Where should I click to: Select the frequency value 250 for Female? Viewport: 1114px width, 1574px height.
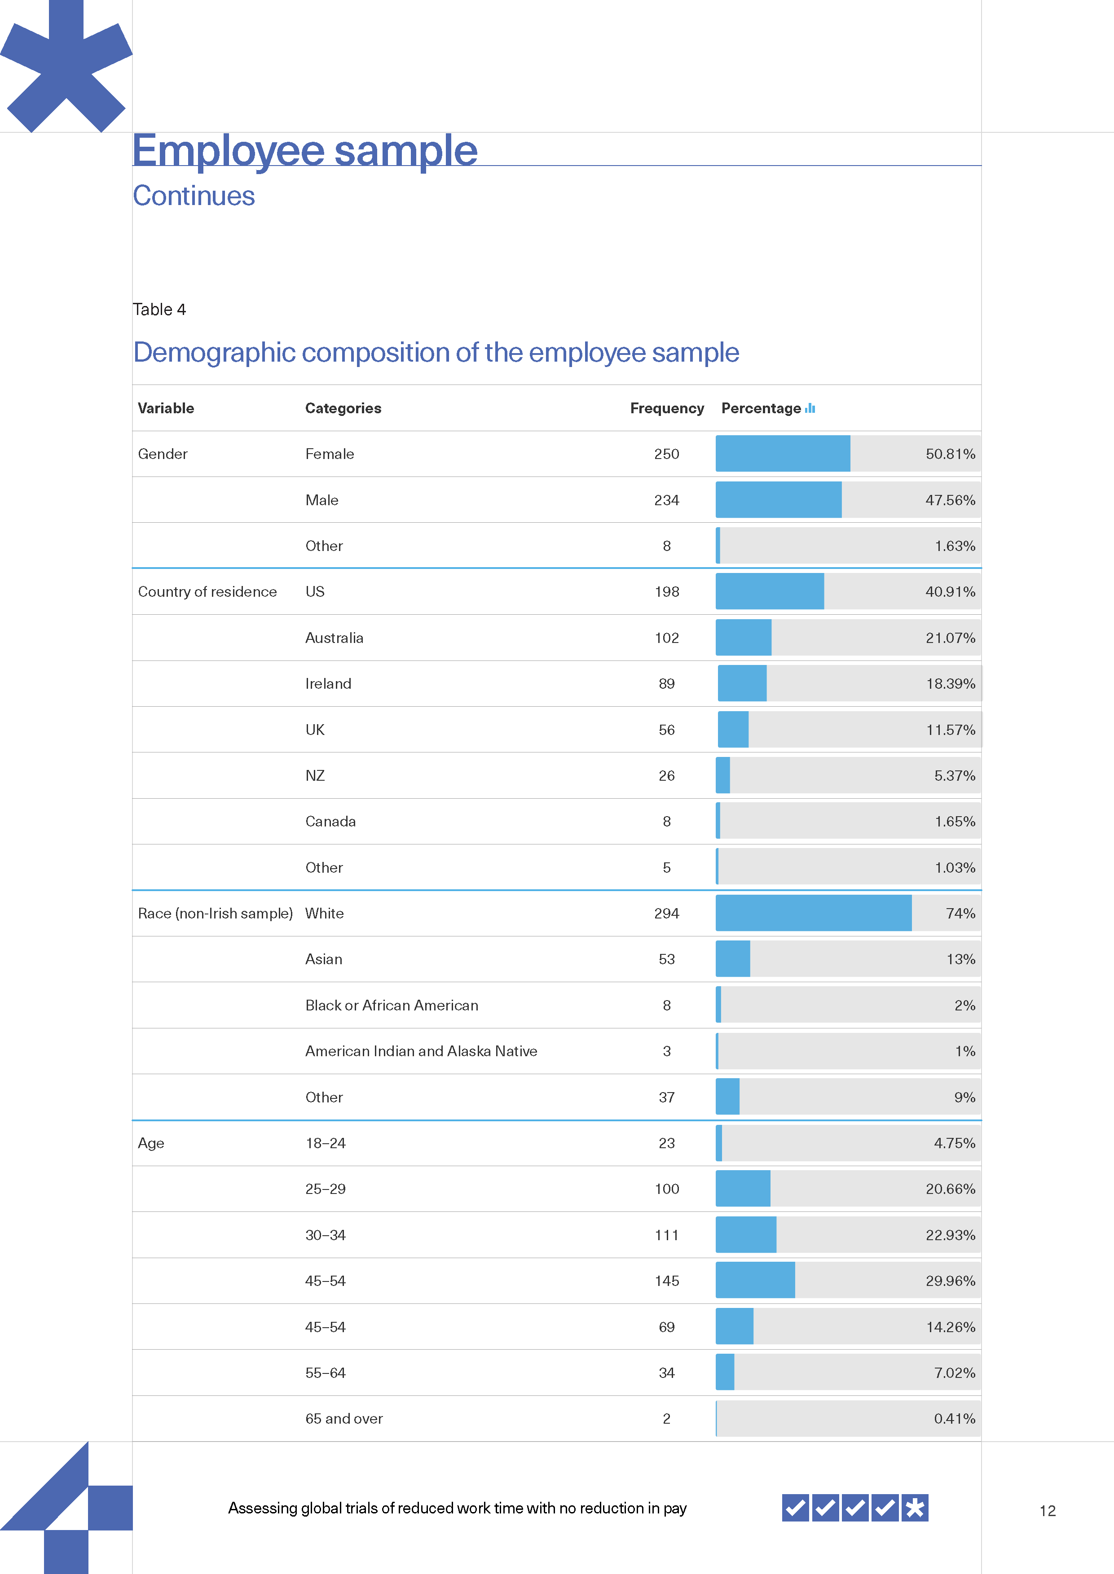(x=666, y=454)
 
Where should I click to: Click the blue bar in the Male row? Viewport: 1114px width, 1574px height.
(x=778, y=500)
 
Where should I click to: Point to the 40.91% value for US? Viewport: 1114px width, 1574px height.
(x=950, y=592)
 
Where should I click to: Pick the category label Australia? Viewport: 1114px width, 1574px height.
(x=334, y=638)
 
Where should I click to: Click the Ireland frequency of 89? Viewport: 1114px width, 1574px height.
(x=666, y=683)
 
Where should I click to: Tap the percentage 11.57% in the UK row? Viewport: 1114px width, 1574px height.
(x=950, y=730)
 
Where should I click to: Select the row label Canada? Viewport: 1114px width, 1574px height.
(x=330, y=821)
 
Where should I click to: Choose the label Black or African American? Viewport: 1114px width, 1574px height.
(x=392, y=1005)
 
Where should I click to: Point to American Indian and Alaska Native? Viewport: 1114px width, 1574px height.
(x=421, y=1051)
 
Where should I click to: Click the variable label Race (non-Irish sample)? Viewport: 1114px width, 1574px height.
(x=215, y=913)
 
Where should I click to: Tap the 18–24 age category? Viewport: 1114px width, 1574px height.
(x=325, y=1143)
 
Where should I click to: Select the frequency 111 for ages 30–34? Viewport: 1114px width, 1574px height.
(x=666, y=1235)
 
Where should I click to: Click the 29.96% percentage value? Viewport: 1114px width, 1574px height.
(x=950, y=1281)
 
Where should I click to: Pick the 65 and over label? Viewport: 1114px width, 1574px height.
(x=343, y=1418)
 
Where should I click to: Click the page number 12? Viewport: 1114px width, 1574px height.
(x=1047, y=1511)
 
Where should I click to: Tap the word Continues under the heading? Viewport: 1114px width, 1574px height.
(x=194, y=196)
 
